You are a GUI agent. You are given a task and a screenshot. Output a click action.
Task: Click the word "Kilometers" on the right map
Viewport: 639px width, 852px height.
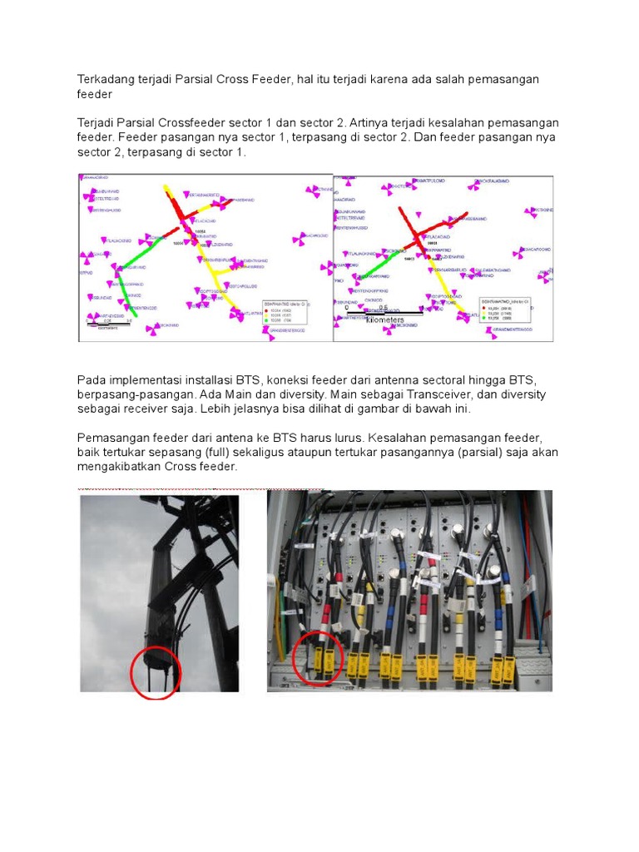tap(379, 319)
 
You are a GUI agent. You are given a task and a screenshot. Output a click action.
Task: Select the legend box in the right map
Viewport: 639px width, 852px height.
tap(513, 309)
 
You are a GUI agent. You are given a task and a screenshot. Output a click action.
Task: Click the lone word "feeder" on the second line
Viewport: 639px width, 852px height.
tap(94, 94)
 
